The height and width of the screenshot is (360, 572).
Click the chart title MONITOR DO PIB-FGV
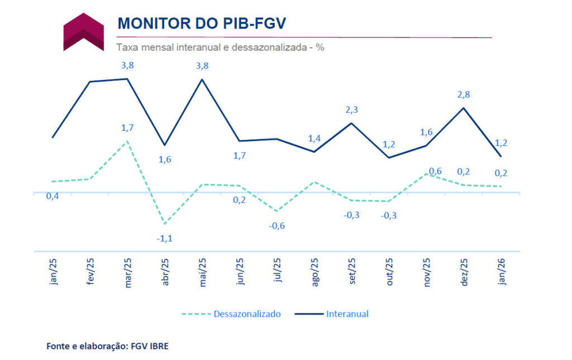(202, 23)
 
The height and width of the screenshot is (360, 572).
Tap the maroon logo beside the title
(83, 32)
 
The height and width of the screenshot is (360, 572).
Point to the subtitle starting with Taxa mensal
(220, 48)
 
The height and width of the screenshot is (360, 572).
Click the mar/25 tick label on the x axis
(128, 272)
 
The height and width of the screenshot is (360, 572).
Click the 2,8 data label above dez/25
(463, 94)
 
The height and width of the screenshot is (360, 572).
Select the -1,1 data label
(165, 238)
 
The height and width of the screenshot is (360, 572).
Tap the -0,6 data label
(277, 225)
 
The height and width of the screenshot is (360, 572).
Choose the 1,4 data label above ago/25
(314, 139)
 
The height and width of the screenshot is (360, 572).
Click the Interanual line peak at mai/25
(202, 79)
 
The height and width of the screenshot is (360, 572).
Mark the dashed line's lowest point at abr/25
(165, 224)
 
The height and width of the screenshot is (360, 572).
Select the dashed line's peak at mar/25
(128, 141)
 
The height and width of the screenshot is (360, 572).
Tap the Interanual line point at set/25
(351, 123)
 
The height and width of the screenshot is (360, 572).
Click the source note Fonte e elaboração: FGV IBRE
(107, 346)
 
